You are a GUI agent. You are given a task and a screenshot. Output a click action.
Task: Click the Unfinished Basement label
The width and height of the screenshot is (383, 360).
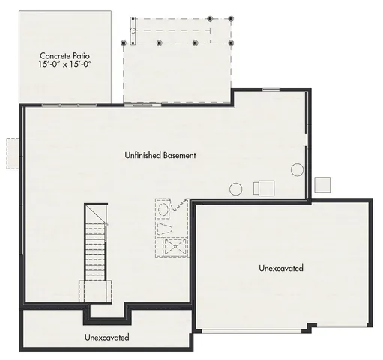pyautogui.click(x=160, y=156)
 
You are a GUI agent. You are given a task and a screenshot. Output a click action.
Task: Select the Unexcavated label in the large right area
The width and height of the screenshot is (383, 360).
pyautogui.click(x=281, y=268)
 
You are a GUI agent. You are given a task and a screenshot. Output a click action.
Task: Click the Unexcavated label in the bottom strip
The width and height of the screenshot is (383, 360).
pyautogui.click(x=106, y=337)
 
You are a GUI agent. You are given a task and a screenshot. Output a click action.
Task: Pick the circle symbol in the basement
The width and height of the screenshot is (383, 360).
pyautogui.click(x=235, y=189)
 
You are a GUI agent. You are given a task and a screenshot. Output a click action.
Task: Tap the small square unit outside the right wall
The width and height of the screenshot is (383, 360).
pyautogui.click(x=322, y=184)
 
